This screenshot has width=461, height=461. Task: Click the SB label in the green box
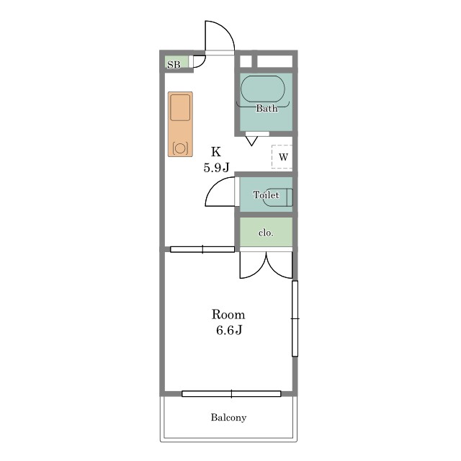(x=174, y=65)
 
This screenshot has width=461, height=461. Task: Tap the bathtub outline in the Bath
(x=263, y=76)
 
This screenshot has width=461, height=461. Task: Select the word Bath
(x=267, y=108)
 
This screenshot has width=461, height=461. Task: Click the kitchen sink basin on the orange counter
(x=180, y=107)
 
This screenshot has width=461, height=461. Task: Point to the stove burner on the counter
(x=180, y=148)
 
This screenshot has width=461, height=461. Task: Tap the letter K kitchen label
(x=216, y=152)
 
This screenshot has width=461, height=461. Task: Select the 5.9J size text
(x=216, y=168)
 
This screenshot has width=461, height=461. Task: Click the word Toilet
(x=266, y=194)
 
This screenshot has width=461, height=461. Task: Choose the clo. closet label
(x=266, y=233)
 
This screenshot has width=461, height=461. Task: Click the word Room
(x=228, y=315)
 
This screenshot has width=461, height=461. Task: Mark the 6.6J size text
(x=229, y=330)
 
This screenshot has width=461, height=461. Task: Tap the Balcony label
(x=228, y=418)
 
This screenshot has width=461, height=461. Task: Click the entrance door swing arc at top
(x=227, y=29)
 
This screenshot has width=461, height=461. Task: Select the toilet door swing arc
(x=213, y=185)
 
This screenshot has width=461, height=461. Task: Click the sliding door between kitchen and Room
(x=202, y=249)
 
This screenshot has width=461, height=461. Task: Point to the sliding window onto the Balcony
(x=231, y=394)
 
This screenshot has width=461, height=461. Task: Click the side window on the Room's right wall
(x=295, y=318)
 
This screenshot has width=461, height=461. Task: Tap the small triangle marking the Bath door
(x=251, y=141)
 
